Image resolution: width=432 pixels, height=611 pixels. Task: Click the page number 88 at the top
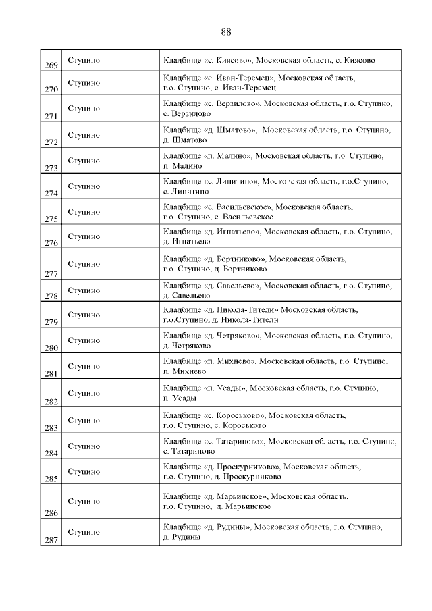225,32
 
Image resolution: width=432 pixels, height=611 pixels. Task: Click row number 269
51,65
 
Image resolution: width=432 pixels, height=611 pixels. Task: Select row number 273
51,168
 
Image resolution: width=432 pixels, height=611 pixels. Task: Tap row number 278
51,296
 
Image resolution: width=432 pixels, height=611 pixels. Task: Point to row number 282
51,401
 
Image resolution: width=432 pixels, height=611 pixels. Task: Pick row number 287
51,539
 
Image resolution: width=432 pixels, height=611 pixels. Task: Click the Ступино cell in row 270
84,83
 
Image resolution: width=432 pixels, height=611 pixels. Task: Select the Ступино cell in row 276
84,237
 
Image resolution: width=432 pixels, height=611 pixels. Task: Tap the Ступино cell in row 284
84,446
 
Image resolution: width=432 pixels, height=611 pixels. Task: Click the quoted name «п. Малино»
227,156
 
